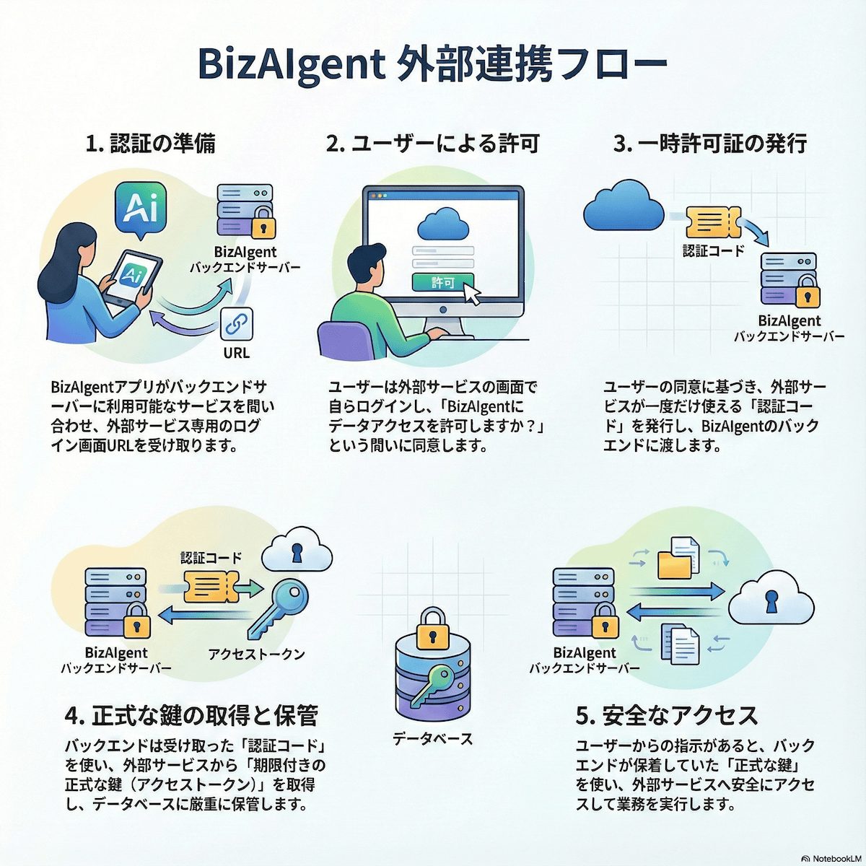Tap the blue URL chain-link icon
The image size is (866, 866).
pos(235,325)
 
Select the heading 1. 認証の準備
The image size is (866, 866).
pos(150,144)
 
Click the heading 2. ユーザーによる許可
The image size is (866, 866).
pos(433,144)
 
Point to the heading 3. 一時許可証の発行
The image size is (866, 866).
pos(710,144)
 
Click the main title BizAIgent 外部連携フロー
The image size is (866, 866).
pos(432,65)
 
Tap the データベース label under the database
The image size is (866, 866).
pos(432,738)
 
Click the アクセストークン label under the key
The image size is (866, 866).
pos(256,654)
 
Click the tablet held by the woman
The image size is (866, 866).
pos(133,277)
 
